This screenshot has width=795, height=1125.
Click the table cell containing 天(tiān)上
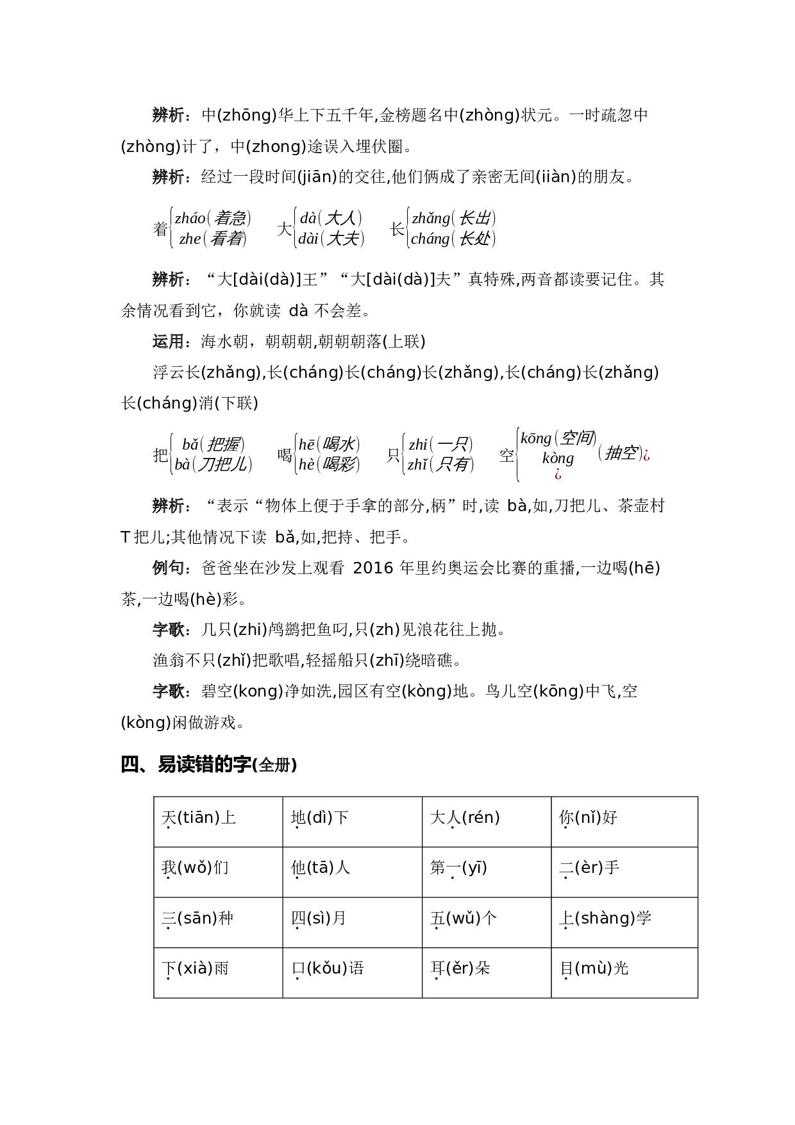coord(218,821)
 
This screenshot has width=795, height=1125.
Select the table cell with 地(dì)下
coord(352,821)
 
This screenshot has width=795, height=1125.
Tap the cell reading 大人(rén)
coord(486,821)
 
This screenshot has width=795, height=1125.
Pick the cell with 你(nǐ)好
coord(624,821)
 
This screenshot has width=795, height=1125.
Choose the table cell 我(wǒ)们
coord(218,871)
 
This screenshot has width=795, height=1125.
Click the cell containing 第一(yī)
coord(486,871)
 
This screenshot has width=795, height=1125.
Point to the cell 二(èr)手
coord(624,871)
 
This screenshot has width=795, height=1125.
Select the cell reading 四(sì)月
coord(352,922)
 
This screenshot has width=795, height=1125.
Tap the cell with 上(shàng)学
coord(624,922)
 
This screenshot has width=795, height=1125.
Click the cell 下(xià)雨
coord(218,972)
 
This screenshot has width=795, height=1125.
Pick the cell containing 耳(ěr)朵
coord(486,972)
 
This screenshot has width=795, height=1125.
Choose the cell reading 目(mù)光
coord(624,972)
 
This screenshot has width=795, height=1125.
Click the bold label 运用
coord(168,342)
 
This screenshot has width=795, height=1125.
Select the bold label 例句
coord(168,568)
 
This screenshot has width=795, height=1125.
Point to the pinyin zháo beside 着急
coord(190,218)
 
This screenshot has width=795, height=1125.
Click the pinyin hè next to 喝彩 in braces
coord(306,464)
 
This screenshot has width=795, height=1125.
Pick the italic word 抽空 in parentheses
coord(620,453)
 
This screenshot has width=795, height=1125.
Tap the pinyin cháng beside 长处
coord(430,239)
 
